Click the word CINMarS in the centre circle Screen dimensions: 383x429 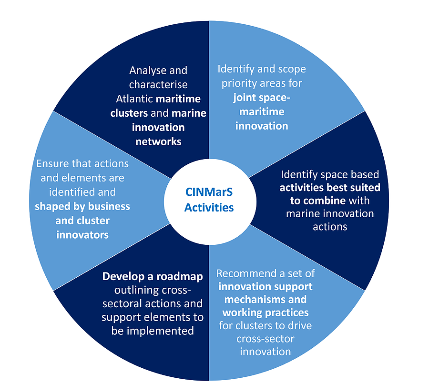209,193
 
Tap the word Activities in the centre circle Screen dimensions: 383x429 209,207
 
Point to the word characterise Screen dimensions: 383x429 158,85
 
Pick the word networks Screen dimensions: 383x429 158,141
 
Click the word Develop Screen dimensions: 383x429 122,276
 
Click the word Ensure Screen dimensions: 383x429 53,163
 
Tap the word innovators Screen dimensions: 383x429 82,234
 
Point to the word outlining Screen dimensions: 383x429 133,290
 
